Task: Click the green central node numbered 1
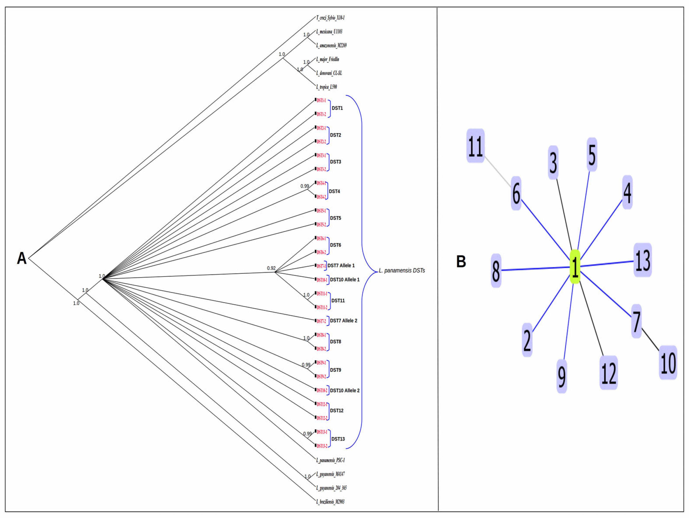point(575,267)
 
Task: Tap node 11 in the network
point(475,146)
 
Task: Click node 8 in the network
point(496,271)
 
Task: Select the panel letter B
point(461,262)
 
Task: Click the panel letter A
point(21,258)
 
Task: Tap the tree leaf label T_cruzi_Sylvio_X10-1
point(330,18)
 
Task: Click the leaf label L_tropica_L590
point(326,87)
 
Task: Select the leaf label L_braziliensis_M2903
point(330,501)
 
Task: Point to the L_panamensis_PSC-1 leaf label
point(330,460)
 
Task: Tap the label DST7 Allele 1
point(341,265)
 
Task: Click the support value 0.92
point(271,268)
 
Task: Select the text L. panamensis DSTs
point(402,271)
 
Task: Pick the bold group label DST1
point(337,108)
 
